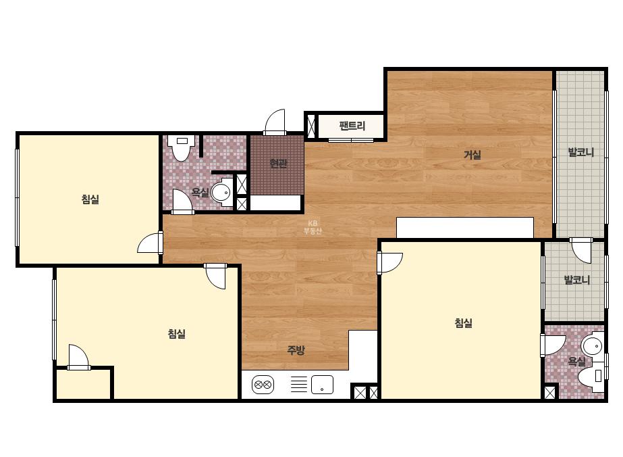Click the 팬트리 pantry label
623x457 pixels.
[x=352, y=126]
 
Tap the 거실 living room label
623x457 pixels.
[x=472, y=154]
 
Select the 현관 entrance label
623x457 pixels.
[x=278, y=163]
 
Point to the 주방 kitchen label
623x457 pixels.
[x=296, y=350]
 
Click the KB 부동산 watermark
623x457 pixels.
[x=313, y=227]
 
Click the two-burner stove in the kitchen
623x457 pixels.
[x=263, y=385]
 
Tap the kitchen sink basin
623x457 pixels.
[x=322, y=385]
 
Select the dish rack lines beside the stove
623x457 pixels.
[x=299, y=385]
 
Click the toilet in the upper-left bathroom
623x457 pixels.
[x=182, y=147]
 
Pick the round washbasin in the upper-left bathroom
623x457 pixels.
[x=221, y=193]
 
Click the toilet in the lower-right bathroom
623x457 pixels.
[x=591, y=376]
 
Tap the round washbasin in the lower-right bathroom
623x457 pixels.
[x=593, y=346]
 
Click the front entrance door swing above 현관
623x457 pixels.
[x=275, y=122]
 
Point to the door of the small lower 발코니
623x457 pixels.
[x=581, y=251]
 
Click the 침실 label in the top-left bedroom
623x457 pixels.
[x=90, y=199]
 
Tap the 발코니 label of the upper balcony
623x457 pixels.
[x=581, y=152]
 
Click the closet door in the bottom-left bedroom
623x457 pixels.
[x=79, y=357]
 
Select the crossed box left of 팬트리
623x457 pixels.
[x=311, y=126]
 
